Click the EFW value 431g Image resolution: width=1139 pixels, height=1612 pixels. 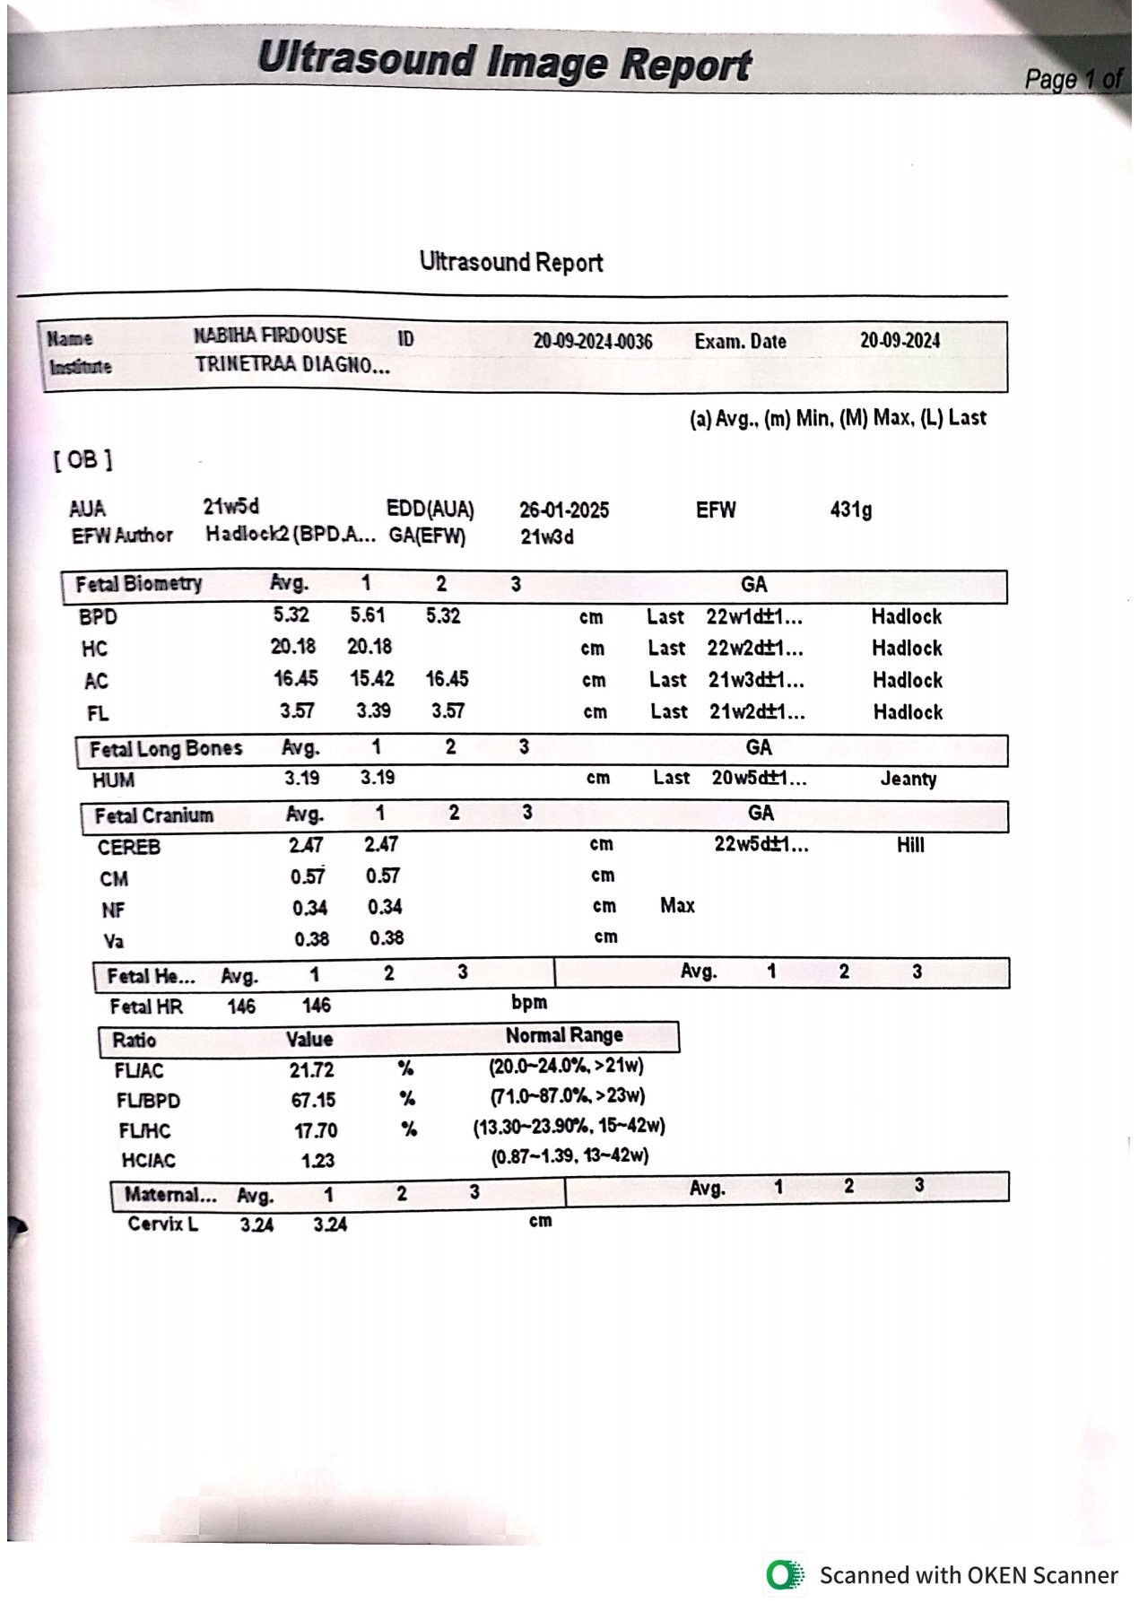click(x=850, y=510)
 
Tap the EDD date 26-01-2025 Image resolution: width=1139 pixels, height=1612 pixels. click(x=563, y=510)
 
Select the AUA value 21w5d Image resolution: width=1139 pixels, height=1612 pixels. click(x=230, y=507)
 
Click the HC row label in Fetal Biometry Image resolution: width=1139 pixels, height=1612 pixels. click(x=94, y=649)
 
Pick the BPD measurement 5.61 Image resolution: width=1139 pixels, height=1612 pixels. click(x=368, y=615)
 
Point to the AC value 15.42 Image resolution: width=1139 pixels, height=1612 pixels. click(x=372, y=679)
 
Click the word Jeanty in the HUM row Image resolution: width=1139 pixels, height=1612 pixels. click(x=908, y=779)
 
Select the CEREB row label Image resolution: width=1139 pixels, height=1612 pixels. click(x=129, y=848)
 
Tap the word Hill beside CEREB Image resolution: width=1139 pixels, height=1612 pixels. click(x=910, y=845)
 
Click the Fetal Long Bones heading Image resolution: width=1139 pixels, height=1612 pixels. click(x=166, y=749)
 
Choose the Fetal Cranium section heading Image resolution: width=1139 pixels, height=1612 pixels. click(x=154, y=816)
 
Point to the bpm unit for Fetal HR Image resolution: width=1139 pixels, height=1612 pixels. click(x=529, y=1003)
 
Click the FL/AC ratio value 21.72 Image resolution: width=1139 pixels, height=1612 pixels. click(x=312, y=1070)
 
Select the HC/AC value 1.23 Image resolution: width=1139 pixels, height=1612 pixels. click(x=317, y=1161)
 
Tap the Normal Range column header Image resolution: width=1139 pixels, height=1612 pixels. click(x=564, y=1035)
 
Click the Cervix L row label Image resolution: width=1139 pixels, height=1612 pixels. click(x=162, y=1224)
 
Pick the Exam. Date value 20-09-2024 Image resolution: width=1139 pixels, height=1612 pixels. click(x=900, y=341)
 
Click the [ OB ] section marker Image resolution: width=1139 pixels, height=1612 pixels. click(x=83, y=460)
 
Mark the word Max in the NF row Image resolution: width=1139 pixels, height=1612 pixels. click(x=677, y=906)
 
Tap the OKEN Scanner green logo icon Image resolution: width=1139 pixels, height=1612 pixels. click(x=785, y=1574)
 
